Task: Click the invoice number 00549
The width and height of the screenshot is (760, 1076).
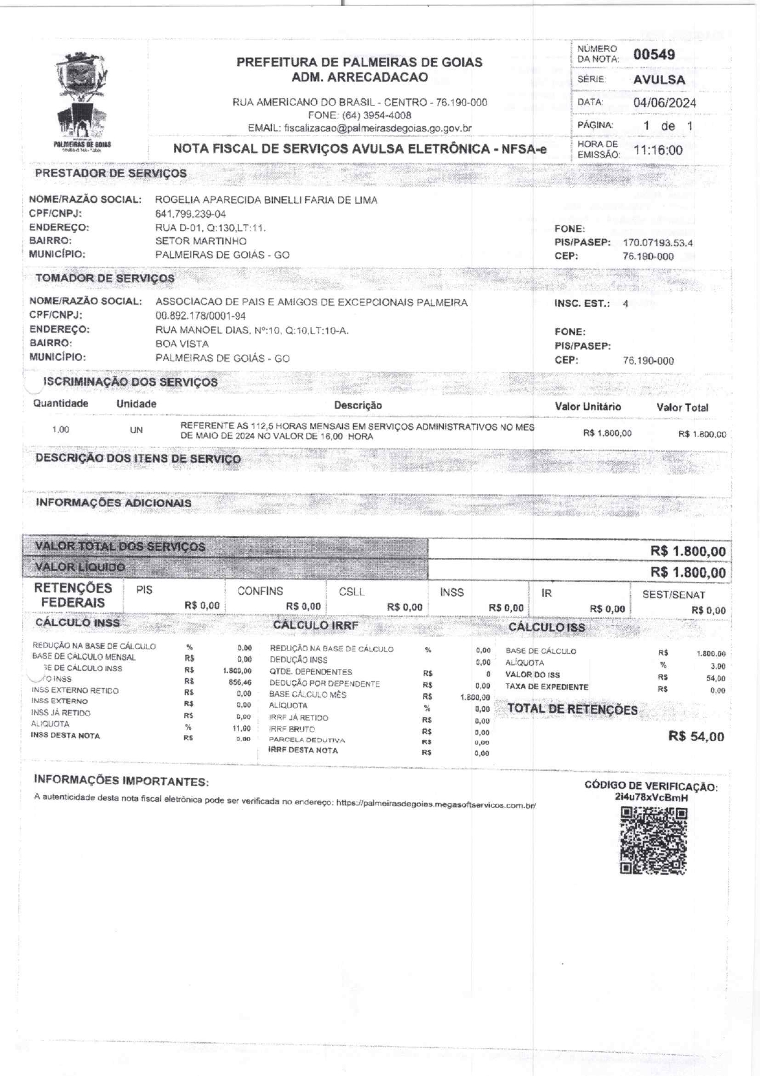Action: tap(654, 55)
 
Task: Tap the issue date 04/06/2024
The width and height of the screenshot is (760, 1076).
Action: tap(664, 103)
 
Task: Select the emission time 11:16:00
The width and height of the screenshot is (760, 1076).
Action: tap(658, 151)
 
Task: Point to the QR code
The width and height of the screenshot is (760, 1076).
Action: tap(653, 841)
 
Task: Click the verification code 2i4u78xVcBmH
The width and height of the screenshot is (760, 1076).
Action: tap(651, 798)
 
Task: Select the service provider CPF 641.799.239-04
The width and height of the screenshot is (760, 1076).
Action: tap(191, 214)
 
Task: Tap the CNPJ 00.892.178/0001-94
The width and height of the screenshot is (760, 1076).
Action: tap(200, 316)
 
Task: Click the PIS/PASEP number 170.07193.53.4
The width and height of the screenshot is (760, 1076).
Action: tap(658, 243)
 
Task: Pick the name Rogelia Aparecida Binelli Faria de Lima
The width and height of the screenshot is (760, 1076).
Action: tap(266, 200)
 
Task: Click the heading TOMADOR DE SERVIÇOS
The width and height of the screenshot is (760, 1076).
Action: tap(105, 278)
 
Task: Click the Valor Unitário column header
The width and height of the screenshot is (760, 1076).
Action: tap(588, 406)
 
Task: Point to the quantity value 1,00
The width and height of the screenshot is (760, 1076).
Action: tap(61, 430)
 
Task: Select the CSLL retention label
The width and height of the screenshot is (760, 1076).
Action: tap(351, 592)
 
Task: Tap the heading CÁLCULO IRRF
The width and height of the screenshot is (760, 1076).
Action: tap(315, 625)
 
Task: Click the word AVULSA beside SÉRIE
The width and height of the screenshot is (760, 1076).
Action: tap(659, 80)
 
